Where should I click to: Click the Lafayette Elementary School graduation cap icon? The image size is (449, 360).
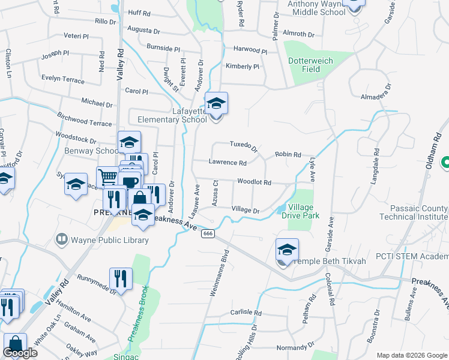216,104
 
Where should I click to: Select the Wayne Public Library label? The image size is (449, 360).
109,240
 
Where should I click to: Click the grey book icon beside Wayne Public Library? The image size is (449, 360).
61,240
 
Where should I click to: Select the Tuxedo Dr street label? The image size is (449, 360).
244,145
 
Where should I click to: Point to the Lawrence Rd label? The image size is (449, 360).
228,163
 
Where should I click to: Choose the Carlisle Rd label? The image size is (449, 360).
247,313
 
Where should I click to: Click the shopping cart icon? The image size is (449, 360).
108,176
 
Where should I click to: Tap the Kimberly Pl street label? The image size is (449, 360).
242,67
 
